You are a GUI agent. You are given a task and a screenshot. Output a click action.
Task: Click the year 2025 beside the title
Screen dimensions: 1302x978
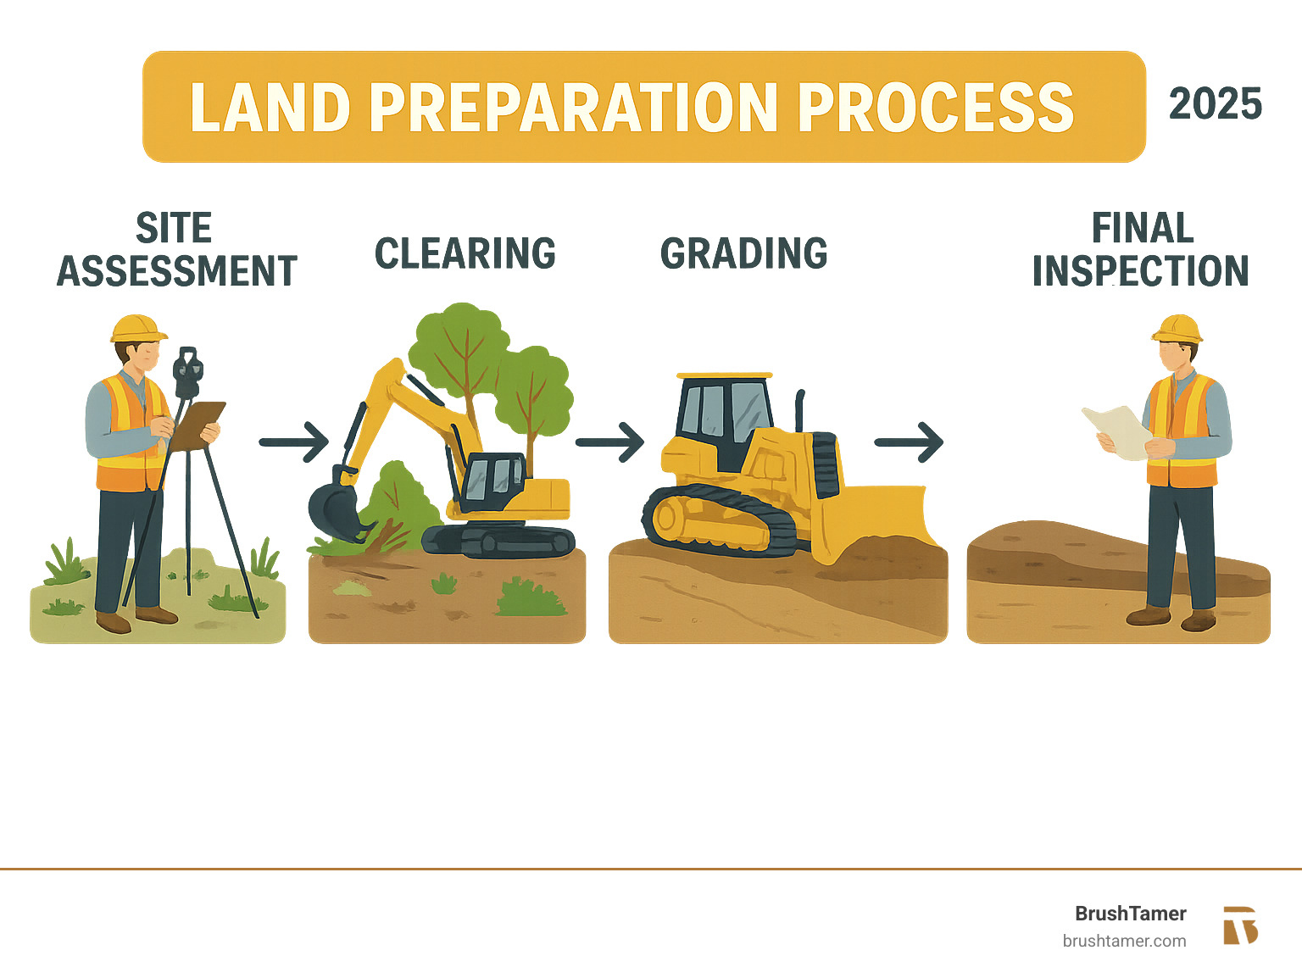(x=1215, y=103)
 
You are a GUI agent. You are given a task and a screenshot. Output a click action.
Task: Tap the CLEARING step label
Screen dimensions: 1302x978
(x=465, y=253)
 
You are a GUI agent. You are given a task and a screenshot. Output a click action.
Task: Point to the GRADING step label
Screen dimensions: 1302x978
(x=744, y=253)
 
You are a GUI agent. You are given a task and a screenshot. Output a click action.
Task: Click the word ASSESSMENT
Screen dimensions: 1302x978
(x=177, y=271)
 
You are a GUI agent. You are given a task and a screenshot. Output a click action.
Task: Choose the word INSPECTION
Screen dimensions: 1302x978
(x=1141, y=271)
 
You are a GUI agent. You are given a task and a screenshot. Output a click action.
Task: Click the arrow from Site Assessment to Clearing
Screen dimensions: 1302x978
(x=294, y=442)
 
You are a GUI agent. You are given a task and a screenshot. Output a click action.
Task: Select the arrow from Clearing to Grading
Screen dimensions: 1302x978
(x=609, y=442)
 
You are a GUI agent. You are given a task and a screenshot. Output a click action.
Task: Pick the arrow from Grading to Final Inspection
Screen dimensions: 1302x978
(x=909, y=442)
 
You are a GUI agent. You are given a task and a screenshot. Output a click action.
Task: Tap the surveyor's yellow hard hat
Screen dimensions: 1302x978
(x=137, y=329)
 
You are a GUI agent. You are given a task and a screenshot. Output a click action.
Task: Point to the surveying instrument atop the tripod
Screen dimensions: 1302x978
(x=187, y=372)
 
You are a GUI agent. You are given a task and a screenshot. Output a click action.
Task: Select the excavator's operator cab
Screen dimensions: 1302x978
(x=492, y=483)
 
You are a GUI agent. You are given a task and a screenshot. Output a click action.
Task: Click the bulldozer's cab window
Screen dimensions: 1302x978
(x=726, y=409)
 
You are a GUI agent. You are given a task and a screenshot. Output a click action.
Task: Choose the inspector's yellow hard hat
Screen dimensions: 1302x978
(x=1177, y=329)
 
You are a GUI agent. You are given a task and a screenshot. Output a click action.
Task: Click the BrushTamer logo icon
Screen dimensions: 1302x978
(x=1240, y=925)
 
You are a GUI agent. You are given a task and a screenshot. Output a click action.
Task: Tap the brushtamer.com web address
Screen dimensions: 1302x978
(x=1124, y=942)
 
